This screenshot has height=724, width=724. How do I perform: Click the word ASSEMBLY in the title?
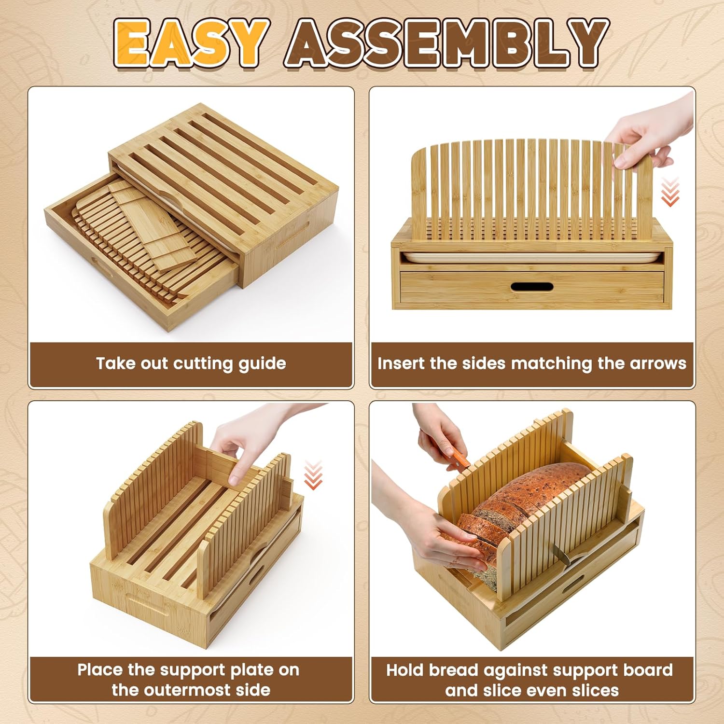446,43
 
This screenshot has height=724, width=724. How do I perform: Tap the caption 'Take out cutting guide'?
191,363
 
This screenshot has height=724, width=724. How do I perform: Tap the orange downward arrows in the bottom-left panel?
313,475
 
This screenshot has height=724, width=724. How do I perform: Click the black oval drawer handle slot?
531,287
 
